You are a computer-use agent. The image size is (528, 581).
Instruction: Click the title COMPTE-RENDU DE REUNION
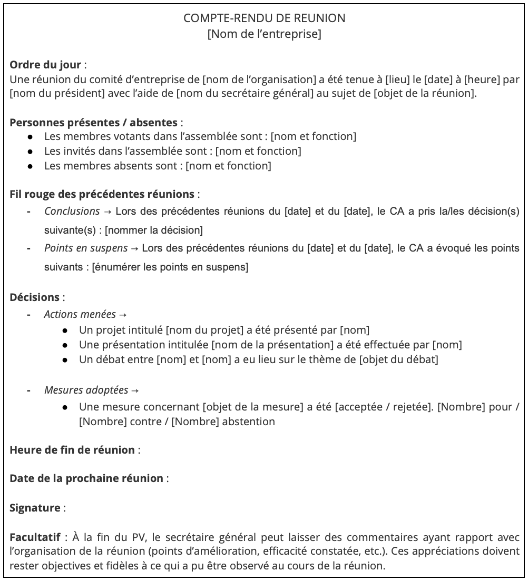pos(264,18)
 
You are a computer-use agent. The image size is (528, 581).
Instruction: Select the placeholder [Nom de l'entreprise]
pos(264,35)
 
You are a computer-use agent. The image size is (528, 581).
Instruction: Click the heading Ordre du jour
pos(46,65)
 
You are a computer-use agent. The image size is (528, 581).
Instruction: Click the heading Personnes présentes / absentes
pos(94,123)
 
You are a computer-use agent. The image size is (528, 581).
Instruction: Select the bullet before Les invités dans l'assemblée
pos(32,152)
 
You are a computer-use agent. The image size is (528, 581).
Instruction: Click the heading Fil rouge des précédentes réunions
pos(102,194)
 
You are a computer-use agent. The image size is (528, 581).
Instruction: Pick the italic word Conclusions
pos(72,212)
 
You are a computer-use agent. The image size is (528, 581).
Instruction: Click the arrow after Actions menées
pos(123,315)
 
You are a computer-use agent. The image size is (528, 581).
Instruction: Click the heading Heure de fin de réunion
pos(72,450)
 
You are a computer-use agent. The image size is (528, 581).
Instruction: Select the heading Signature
pos(35,508)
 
